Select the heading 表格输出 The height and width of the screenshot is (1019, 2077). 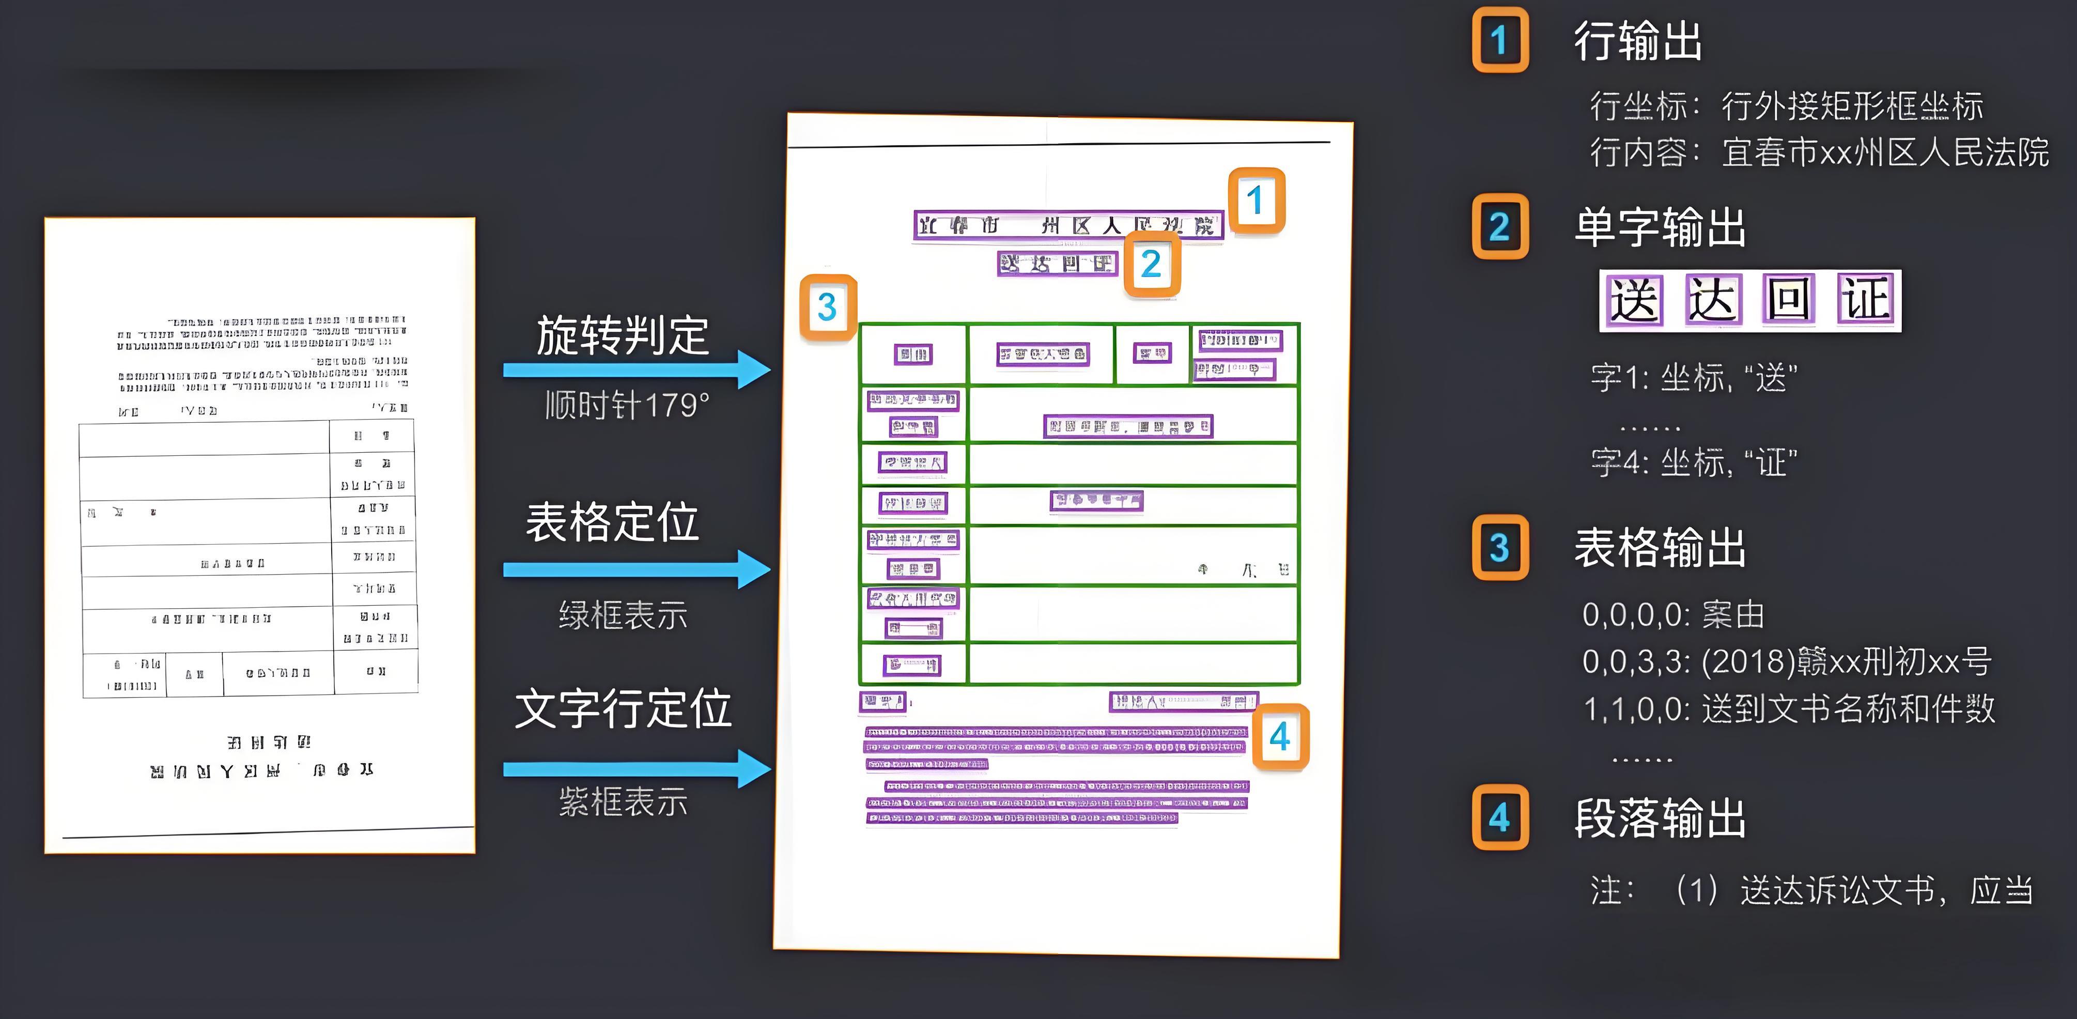point(1660,548)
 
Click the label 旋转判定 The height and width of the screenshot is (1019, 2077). point(623,335)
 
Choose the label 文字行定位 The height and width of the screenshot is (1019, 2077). point(623,708)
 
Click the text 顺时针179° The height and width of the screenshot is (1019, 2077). point(627,405)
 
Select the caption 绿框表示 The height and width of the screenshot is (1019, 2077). point(623,615)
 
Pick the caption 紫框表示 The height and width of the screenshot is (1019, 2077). point(623,802)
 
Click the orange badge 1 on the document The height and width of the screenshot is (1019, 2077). point(1256,200)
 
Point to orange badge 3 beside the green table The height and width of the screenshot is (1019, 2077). point(827,307)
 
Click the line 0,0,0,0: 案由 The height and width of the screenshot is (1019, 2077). point(1673,615)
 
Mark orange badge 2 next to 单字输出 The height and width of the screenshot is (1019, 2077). point(1500,226)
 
